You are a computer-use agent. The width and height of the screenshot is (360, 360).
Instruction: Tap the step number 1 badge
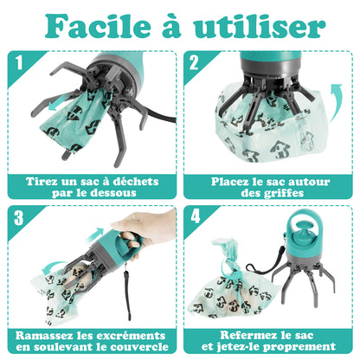[18, 62]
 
